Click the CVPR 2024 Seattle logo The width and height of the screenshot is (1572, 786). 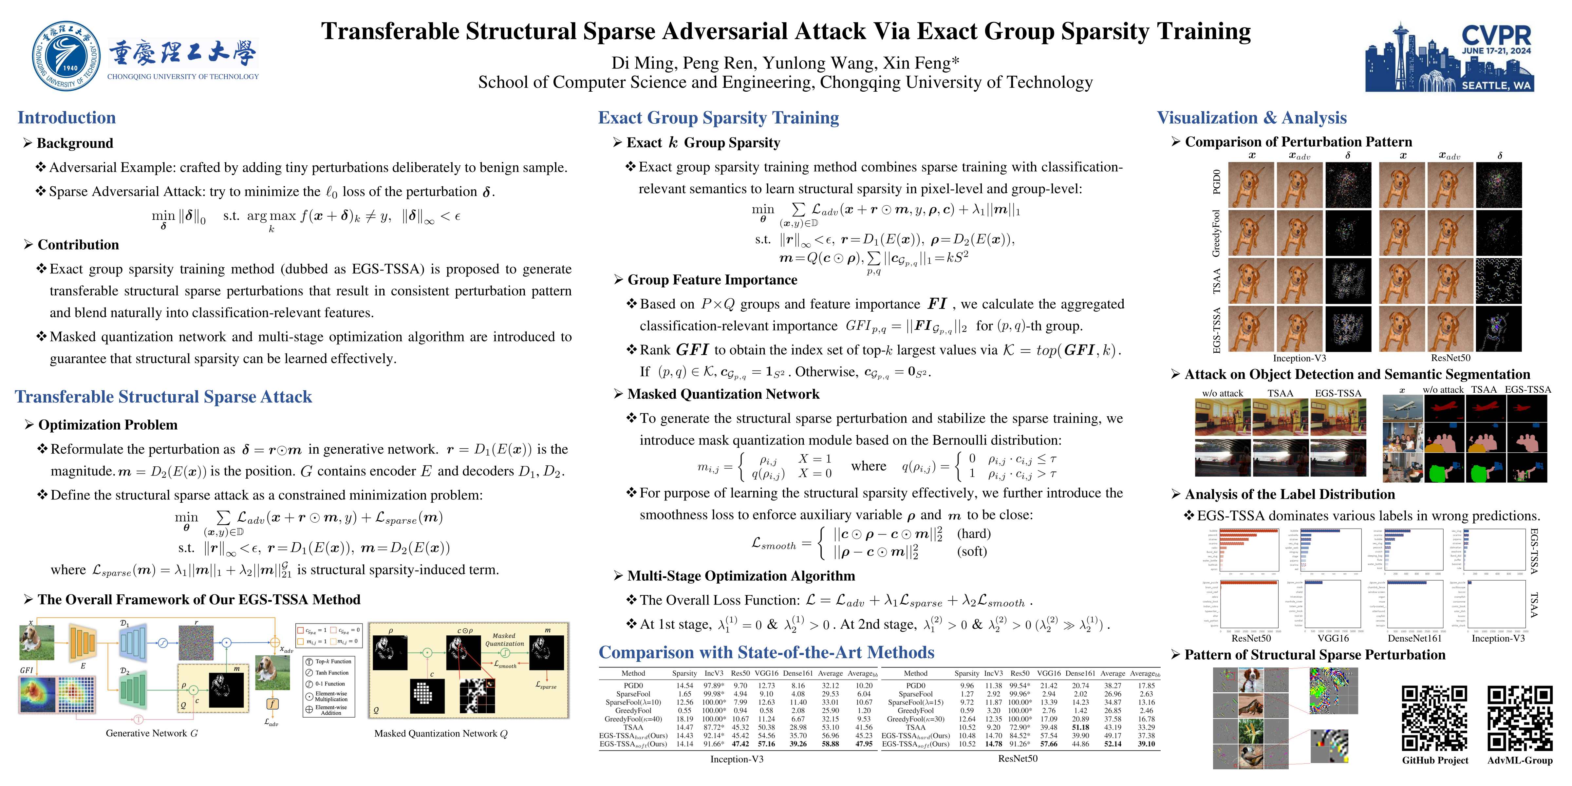click(1449, 58)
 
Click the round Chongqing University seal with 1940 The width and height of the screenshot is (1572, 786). click(66, 56)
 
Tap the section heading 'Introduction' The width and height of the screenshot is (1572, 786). click(66, 118)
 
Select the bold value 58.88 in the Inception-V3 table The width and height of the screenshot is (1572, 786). click(830, 744)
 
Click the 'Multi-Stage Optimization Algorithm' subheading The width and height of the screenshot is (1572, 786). click(741, 576)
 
